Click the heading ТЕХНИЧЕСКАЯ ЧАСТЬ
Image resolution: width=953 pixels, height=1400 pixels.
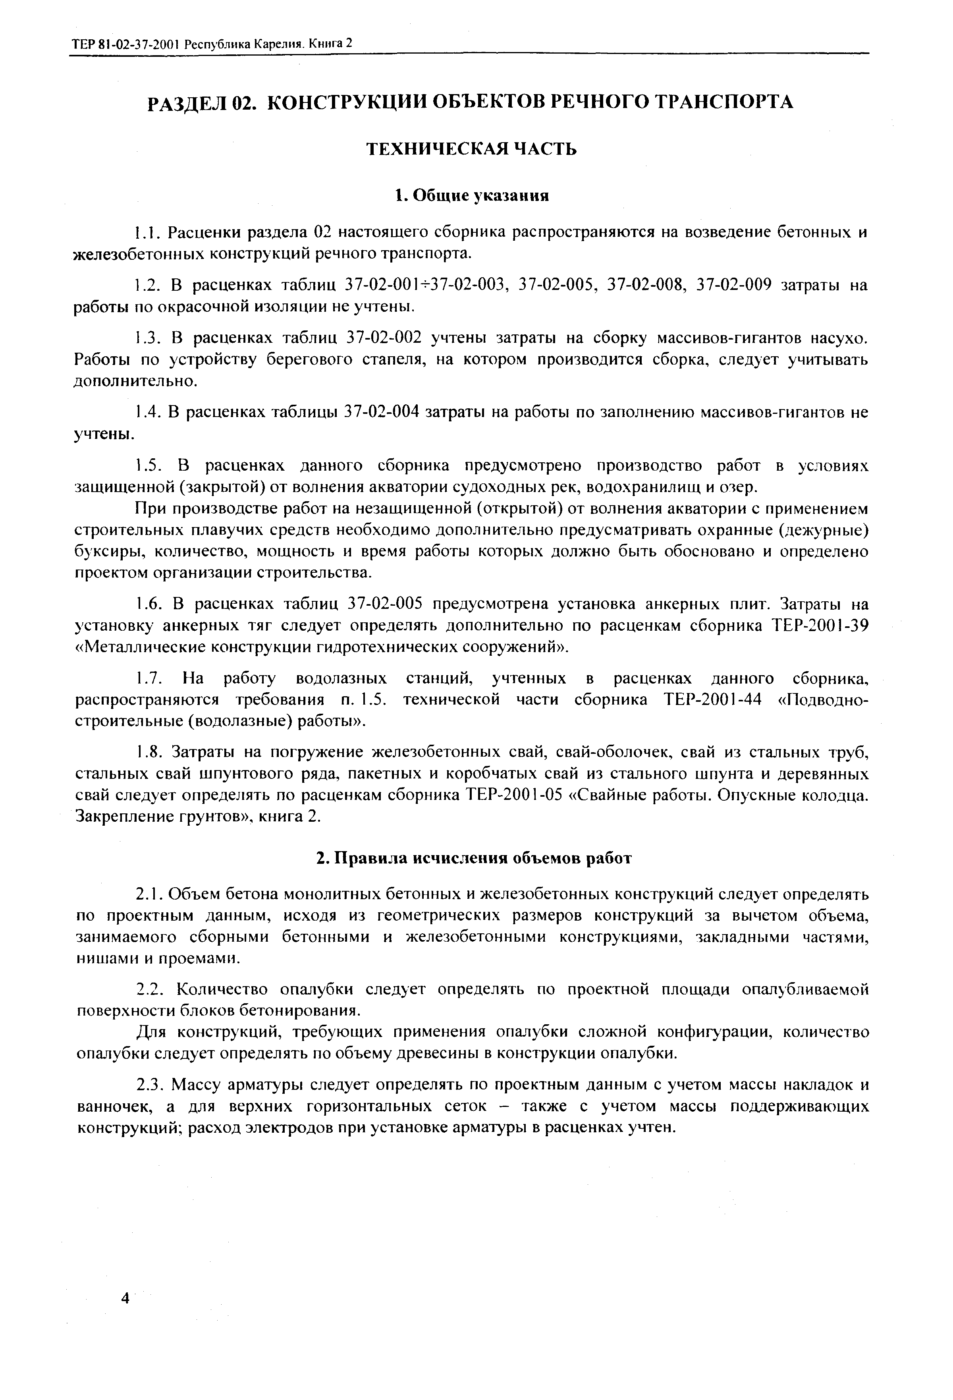(x=472, y=149)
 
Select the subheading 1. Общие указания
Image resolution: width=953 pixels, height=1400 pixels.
(x=472, y=196)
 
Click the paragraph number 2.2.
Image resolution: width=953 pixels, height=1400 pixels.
(x=150, y=990)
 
